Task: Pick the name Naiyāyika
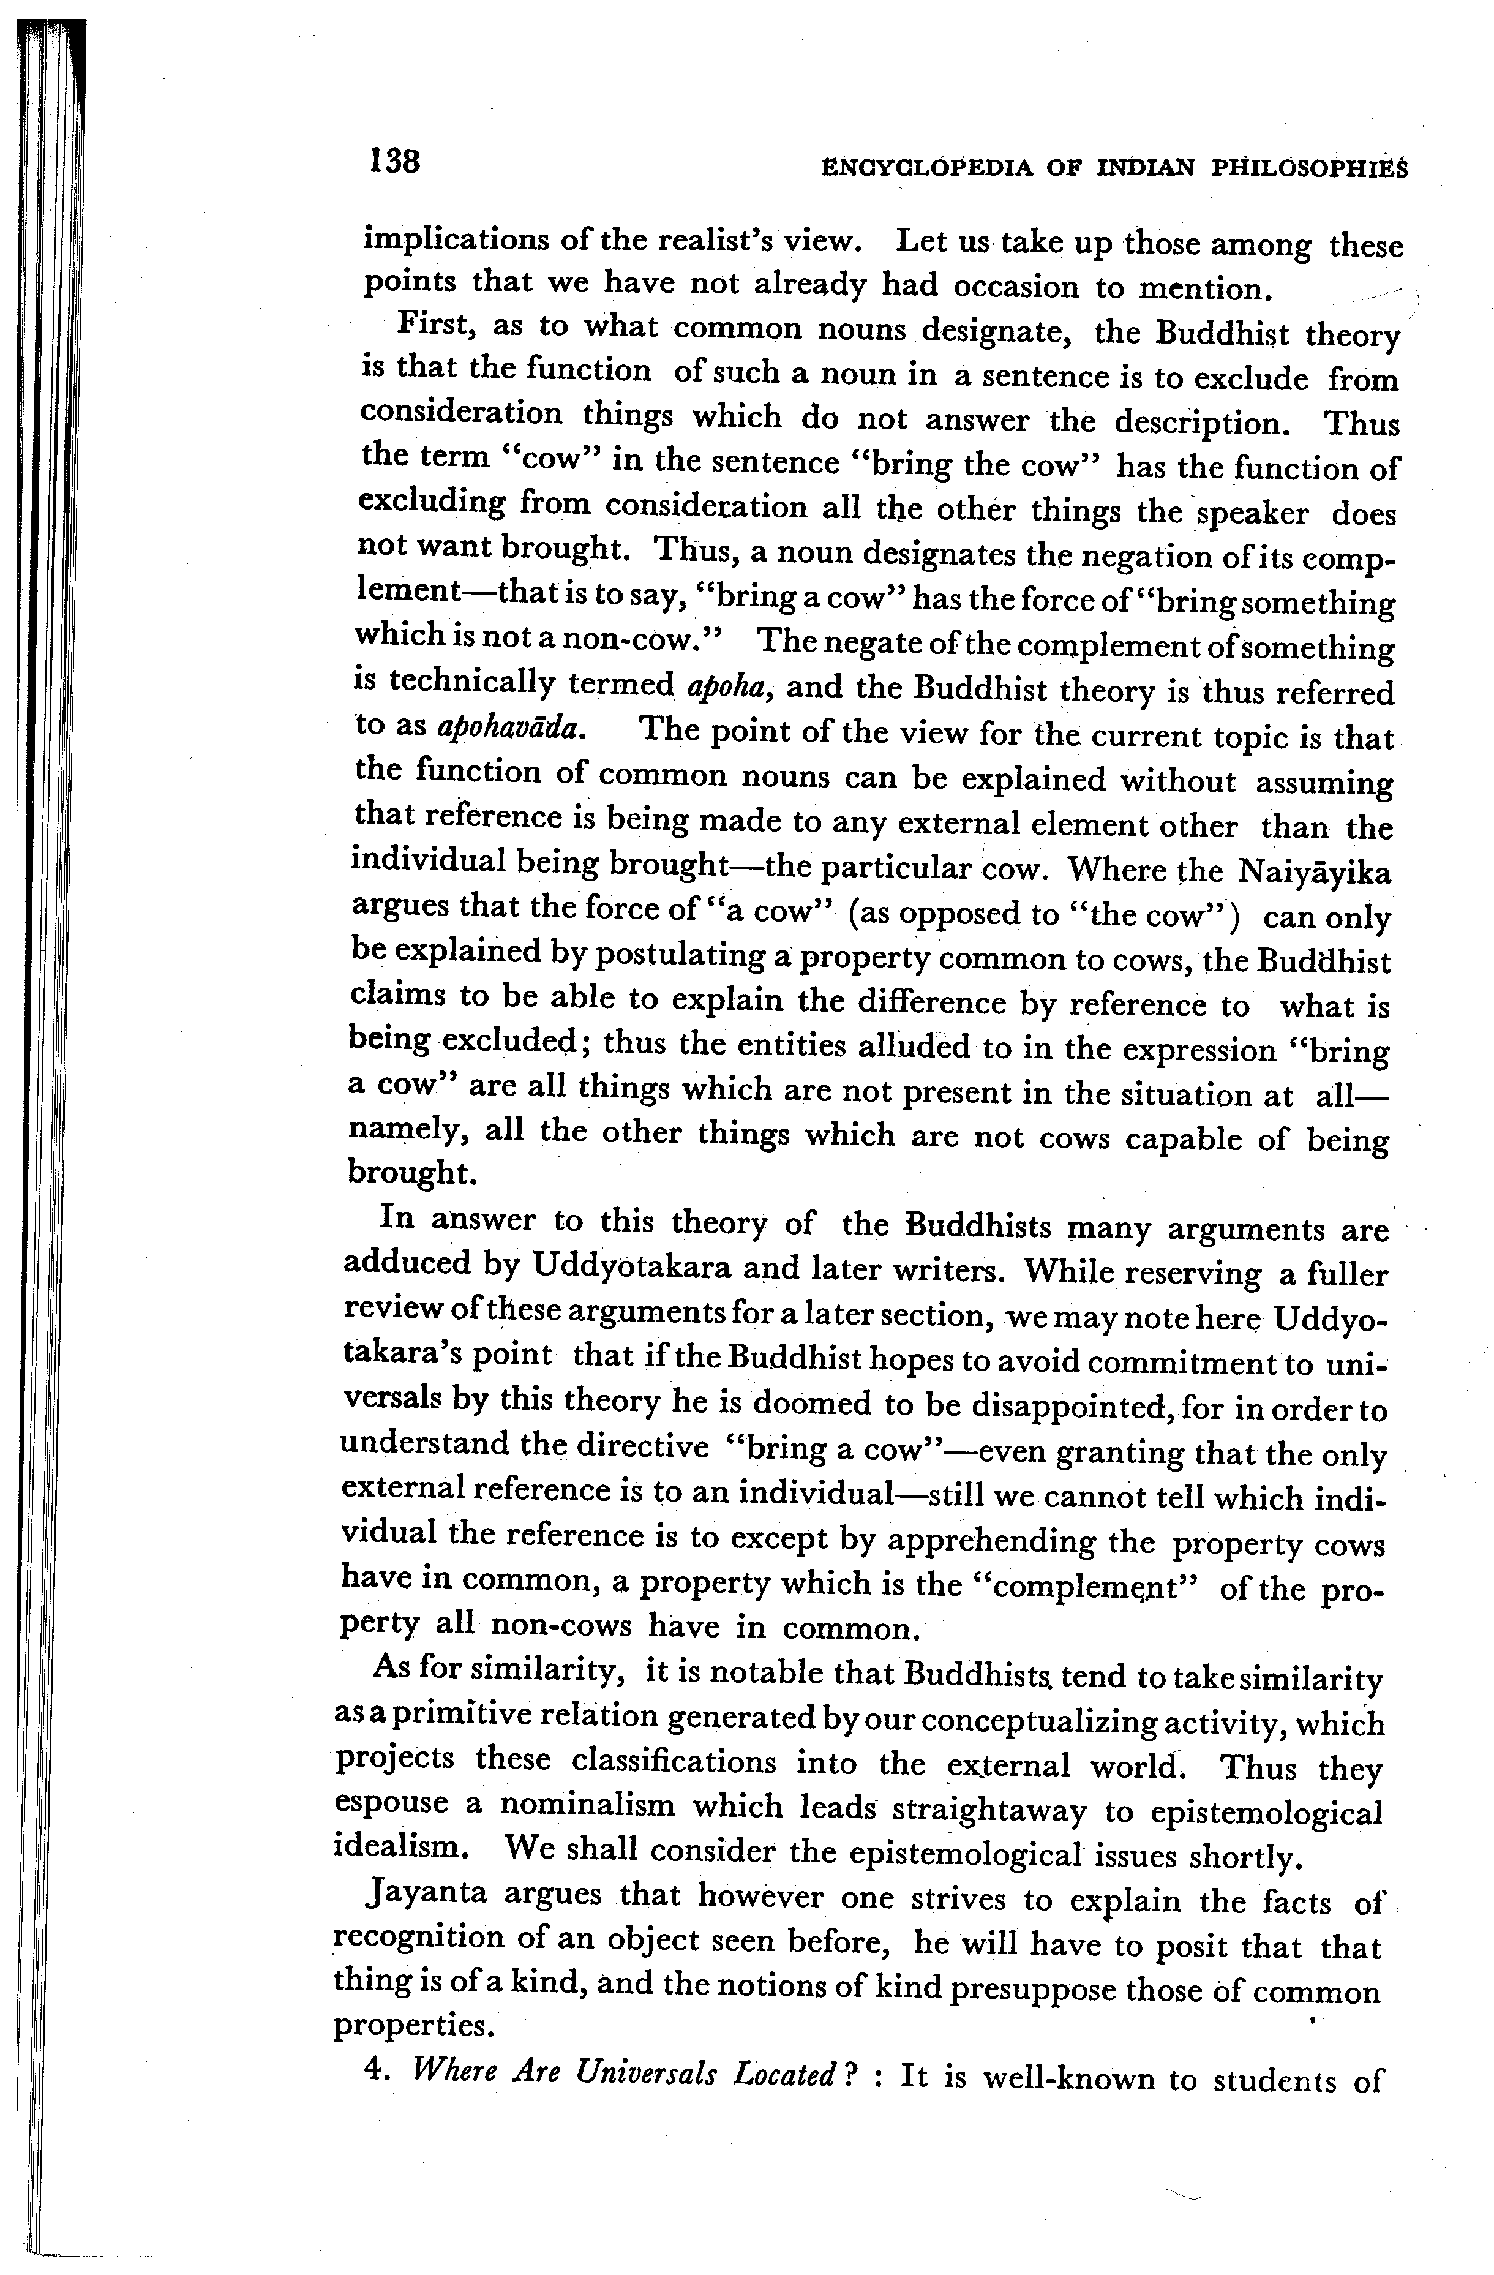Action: click(1315, 873)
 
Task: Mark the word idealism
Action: click(400, 1847)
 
